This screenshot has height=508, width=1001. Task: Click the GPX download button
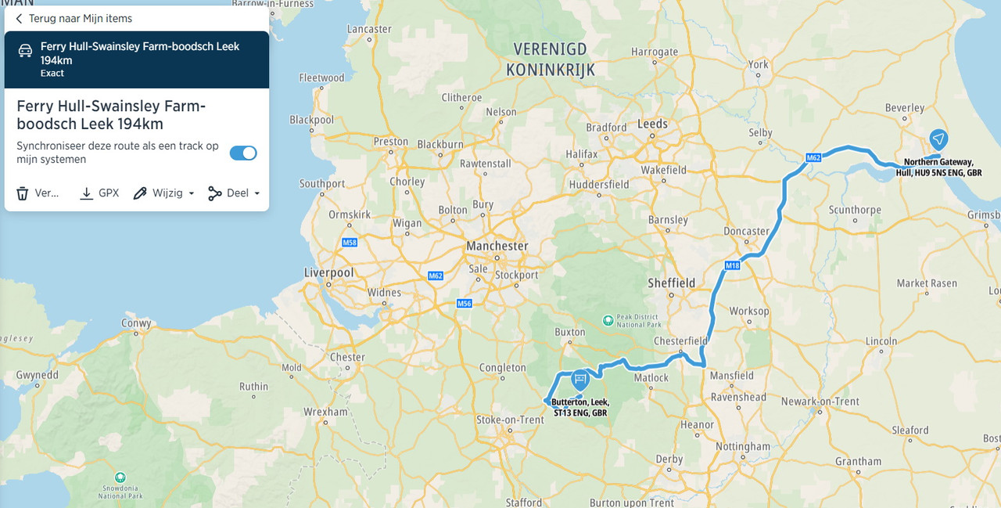tap(99, 193)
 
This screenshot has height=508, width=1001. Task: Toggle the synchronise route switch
tap(243, 153)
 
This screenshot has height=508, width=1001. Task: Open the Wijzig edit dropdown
tap(163, 193)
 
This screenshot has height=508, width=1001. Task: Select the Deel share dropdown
tap(234, 193)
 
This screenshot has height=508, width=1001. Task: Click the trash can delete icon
tap(23, 193)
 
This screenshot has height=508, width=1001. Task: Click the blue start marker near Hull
tap(938, 139)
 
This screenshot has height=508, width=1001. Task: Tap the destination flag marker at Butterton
tap(579, 380)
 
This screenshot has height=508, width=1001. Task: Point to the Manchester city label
tap(497, 246)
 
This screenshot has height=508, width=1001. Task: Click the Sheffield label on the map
tap(671, 283)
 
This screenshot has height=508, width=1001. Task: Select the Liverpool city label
tap(328, 272)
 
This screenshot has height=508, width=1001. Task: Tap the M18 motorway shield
tap(732, 265)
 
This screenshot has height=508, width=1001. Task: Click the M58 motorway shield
tap(350, 243)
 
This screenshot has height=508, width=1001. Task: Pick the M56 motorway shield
tap(465, 303)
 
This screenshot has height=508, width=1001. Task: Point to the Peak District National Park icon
tap(608, 320)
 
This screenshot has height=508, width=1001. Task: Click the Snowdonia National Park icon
tap(120, 477)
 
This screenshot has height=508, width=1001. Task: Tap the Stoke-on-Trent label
tap(510, 420)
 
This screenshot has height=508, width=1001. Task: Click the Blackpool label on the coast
tap(311, 120)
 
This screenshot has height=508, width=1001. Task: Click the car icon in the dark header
tap(25, 51)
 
